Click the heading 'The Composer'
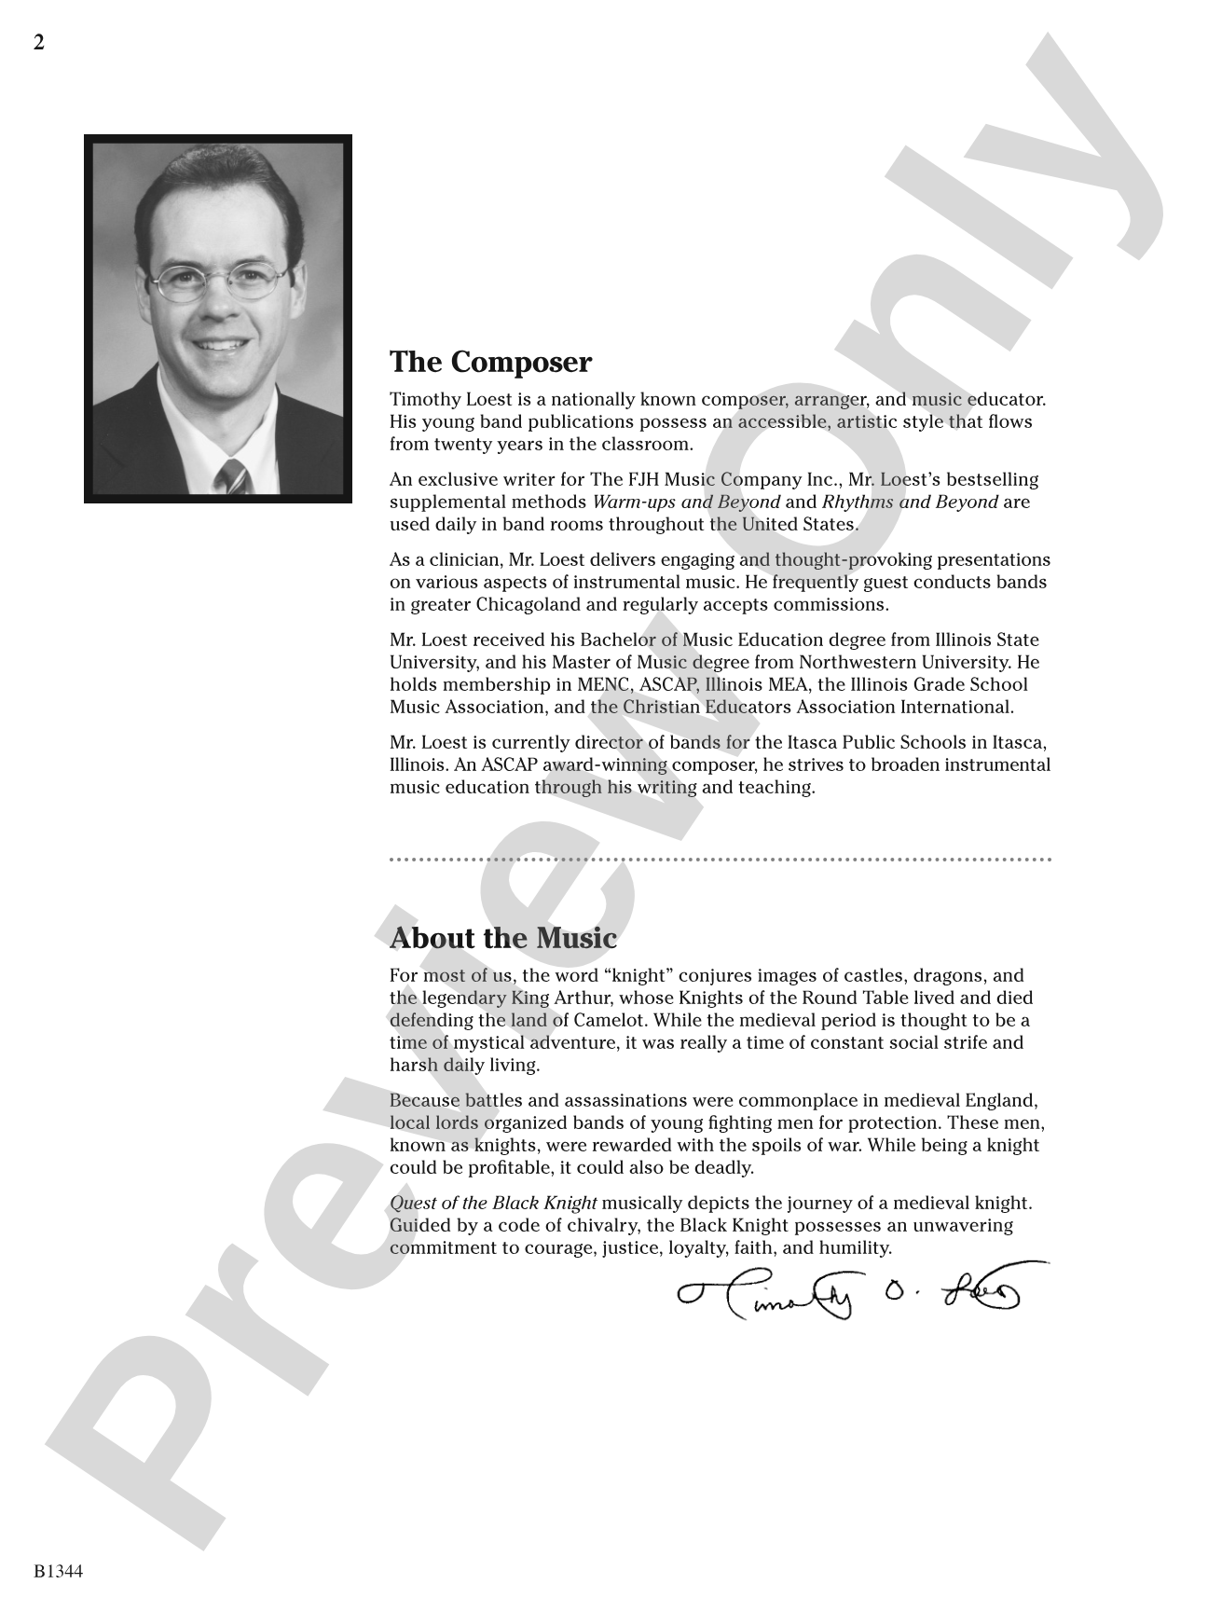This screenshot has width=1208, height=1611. (490, 362)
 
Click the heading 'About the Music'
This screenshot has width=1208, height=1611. (503, 938)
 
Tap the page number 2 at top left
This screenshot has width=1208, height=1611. (39, 43)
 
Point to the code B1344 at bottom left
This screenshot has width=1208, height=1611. (59, 1572)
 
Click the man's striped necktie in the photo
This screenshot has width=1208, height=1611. (232, 477)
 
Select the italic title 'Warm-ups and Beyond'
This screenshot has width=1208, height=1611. (686, 503)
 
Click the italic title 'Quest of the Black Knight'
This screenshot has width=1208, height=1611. (493, 1204)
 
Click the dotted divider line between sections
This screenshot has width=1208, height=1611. (720, 859)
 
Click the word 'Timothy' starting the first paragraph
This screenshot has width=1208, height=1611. (424, 400)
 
